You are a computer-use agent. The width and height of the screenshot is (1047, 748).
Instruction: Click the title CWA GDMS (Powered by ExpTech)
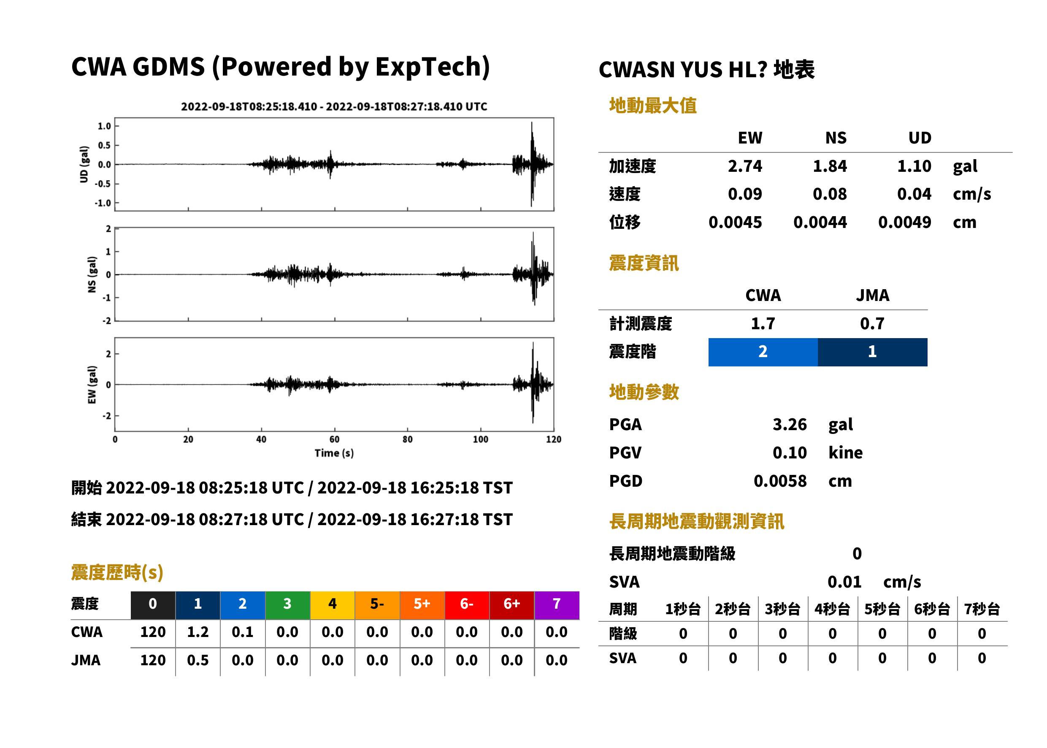280,67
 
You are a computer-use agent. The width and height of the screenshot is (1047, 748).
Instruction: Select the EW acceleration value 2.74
744,166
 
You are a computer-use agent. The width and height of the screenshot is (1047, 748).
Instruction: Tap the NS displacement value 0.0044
820,222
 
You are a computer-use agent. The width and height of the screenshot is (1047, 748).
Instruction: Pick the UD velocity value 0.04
914,194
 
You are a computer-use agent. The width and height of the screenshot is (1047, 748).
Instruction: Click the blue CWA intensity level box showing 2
763,352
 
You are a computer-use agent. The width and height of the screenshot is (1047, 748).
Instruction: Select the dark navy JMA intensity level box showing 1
873,352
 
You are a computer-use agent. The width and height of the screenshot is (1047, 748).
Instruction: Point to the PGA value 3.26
790,424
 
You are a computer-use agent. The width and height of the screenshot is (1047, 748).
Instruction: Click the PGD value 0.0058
780,481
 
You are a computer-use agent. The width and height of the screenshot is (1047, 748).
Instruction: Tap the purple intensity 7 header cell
557,605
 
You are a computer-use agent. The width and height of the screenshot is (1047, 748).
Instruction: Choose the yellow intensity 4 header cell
333,605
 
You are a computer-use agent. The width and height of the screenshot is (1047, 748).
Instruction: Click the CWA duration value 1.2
197,632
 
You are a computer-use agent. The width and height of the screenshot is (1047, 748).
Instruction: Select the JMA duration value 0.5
197,661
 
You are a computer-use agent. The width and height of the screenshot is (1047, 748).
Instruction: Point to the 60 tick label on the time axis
334,439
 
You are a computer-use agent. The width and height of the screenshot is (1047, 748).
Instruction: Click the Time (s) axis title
334,453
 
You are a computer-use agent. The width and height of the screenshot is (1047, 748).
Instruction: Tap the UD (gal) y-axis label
84,165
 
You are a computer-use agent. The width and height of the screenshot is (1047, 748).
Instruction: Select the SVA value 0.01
844,582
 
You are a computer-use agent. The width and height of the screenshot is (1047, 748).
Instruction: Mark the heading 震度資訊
643,263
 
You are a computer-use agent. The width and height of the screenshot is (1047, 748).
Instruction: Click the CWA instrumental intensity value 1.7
763,323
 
